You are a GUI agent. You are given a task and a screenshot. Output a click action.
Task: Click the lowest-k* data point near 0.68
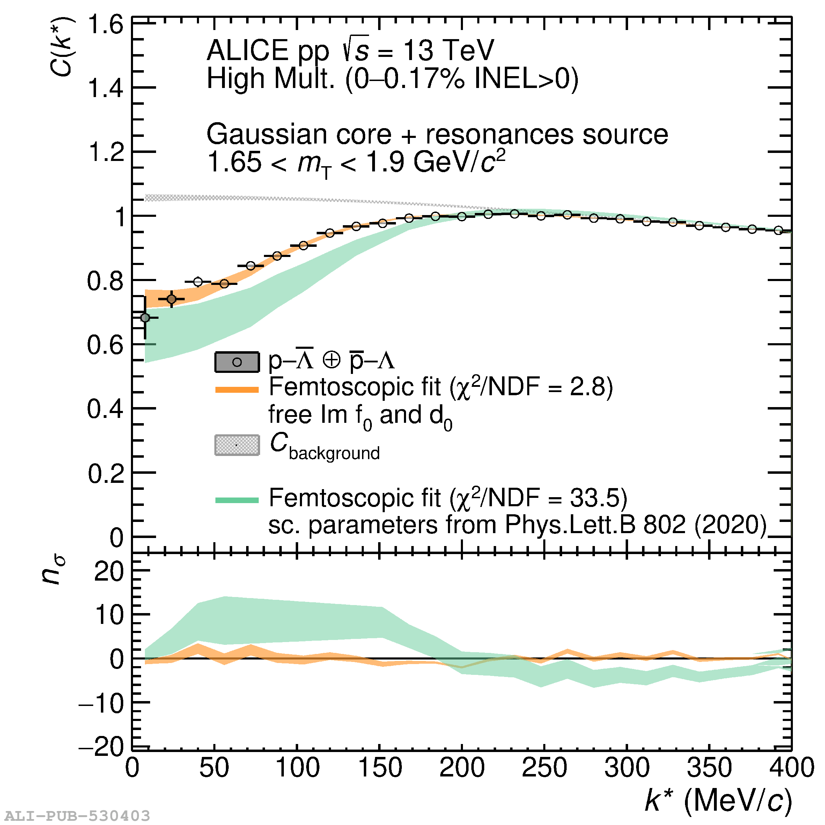[145, 318]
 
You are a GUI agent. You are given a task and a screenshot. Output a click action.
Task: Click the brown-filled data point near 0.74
[171, 299]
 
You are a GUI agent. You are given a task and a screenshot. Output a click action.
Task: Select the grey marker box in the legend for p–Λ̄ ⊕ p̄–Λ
[237, 362]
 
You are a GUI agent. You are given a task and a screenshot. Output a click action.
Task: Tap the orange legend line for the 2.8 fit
[237, 389]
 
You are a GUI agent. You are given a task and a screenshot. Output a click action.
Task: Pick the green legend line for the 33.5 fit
[237, 500]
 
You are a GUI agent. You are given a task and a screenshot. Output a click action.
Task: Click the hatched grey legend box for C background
[237, 445]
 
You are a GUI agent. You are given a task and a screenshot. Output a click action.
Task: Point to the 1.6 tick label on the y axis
[105, 25]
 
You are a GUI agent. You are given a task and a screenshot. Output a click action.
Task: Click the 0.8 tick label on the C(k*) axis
[105, 281]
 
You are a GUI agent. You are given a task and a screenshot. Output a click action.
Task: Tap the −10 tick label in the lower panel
[101, 703]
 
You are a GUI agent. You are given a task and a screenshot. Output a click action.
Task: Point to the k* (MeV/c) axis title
[718, 800]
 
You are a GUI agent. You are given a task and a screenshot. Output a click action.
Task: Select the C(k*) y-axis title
[61, 46]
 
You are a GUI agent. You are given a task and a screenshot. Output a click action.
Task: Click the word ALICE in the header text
[248, 50]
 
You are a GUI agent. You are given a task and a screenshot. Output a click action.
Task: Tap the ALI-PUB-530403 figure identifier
[77, 816]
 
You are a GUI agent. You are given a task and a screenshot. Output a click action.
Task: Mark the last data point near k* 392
[779, 230]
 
